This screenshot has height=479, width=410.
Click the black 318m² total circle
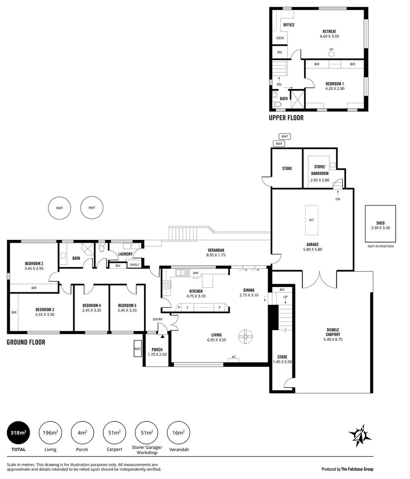19,432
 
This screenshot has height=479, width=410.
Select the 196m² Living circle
51,432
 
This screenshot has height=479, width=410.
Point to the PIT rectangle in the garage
311,220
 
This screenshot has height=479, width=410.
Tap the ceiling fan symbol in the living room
244,337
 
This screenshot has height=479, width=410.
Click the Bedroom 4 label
91,306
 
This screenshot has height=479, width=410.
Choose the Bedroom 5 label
127,306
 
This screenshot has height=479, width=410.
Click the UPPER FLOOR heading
286,118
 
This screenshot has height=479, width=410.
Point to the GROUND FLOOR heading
26,342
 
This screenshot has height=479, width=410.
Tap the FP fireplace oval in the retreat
331,54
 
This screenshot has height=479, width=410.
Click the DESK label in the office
280,38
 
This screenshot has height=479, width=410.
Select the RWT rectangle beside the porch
138,349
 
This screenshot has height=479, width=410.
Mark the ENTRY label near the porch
158,319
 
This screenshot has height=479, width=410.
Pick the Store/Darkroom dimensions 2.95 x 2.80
319,180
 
